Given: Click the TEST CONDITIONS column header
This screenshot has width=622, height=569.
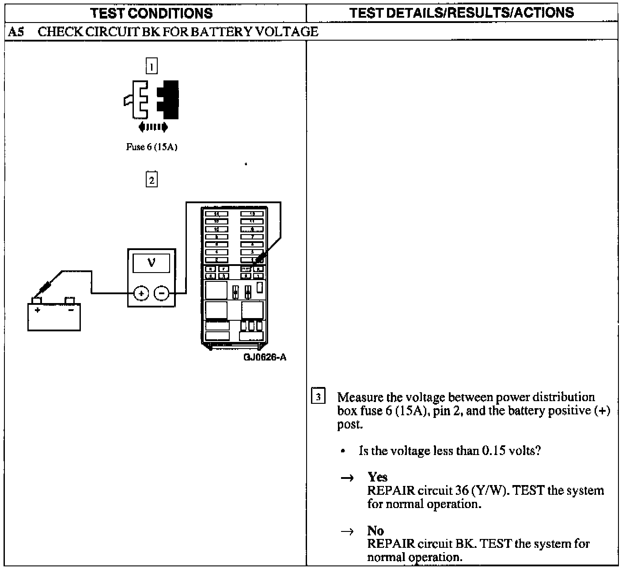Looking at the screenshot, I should pos(152,13).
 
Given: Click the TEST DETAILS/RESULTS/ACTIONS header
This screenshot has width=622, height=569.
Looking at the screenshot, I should pos(462,13).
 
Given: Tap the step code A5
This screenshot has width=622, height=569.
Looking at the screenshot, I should pos(15,32).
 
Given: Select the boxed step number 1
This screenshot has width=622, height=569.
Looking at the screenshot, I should pos(152,67).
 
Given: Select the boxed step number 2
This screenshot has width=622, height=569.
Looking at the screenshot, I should pos(152,180).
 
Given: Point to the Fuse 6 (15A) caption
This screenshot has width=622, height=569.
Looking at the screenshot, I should pos(152,147).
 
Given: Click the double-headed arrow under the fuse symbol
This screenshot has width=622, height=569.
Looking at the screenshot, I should pos(153,128).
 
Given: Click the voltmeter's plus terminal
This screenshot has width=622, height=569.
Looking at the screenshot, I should pos(141,293).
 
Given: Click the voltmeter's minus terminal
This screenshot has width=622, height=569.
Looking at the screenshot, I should pos(162,293).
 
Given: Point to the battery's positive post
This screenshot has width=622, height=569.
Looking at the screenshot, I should pos(36,300).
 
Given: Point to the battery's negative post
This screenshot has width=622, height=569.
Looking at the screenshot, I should pos(70,300).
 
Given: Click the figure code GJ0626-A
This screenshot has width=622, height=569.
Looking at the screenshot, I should pos(265,357).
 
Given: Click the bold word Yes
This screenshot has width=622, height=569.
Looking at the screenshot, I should pos(377,477).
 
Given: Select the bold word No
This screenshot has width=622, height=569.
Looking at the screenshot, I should pos(375,530).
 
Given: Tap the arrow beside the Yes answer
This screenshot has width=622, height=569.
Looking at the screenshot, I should pos(348,478).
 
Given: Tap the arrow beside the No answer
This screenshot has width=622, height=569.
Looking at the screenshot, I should pos(348,531).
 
